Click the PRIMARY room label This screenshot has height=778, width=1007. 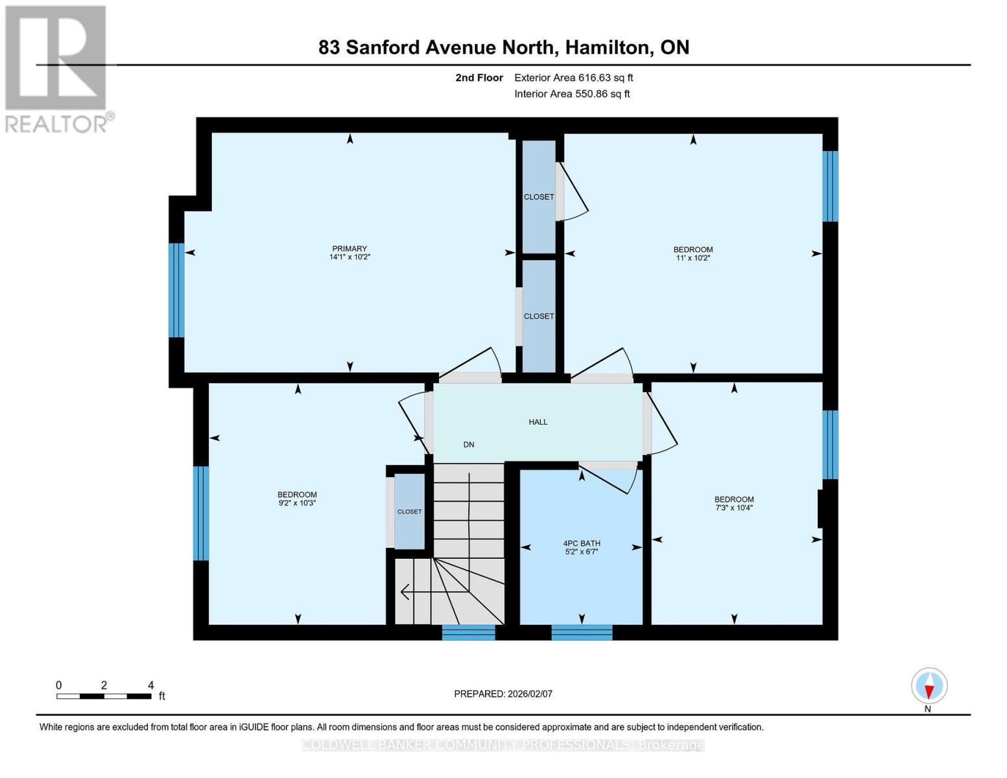click(x=349, y=248)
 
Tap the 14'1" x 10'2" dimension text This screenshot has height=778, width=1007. click(x=349, y=257)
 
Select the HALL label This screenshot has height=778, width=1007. click(x=538, y=422)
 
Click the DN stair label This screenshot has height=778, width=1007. click(x=469, y=445)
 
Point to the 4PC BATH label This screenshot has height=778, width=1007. click(x=582, y=543)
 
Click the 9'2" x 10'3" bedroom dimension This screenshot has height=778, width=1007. click(x=297, y=503)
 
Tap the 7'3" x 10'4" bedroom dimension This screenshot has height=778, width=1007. click(x=734, y=508)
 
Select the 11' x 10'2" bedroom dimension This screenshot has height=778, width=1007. click(x=693, y=258)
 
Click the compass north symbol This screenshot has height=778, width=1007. click(x=929, y=686)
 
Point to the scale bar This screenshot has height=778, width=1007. click(x=104, y=696)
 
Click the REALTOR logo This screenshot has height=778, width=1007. click(x=57, y=68)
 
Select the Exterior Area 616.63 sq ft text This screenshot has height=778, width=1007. click(x=573, y=78)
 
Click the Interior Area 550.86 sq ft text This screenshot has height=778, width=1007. click(x=572, y=94)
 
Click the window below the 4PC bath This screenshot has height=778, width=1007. click(x=582, y=632)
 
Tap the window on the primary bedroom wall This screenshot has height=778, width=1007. click(x=176, y=290)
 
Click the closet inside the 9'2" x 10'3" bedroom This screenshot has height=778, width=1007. click(x=409, y=512)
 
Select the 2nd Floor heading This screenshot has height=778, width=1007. click(x=479, y=78)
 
